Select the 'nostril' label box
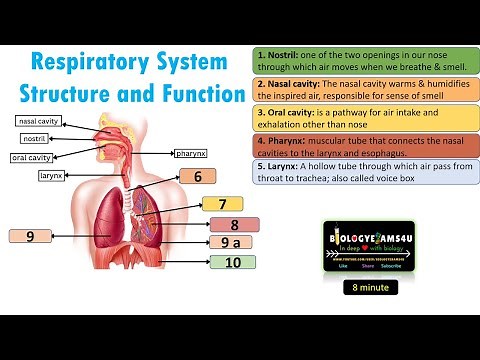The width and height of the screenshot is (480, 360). coord(33,139)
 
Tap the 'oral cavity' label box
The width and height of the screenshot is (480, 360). coord(31,158)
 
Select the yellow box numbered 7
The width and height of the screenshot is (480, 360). coord(222,205)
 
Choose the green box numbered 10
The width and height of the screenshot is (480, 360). coord(233,263)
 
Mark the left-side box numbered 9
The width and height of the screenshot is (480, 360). coord(32,236)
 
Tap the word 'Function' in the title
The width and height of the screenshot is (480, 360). coord(197,95)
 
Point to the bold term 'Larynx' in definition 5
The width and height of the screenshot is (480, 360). coord(282,167)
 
